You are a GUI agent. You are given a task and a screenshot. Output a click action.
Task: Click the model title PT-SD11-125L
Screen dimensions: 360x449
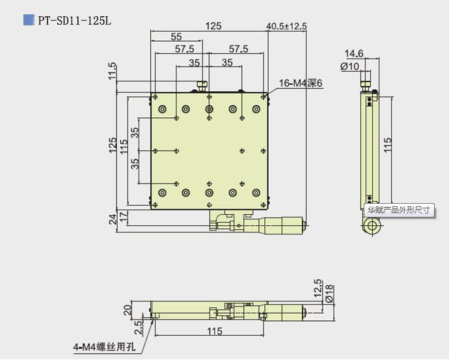(x=74, y=21)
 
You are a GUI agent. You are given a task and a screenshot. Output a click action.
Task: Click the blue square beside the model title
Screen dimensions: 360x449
(x=29, y=20)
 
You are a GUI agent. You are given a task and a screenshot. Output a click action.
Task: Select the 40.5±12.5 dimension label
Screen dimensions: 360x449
(x=286, y=27)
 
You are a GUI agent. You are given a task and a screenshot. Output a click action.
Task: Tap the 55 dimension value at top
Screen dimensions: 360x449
(x=176, y=37)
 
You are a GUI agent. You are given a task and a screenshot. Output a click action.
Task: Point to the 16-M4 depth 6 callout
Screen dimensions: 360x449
(x=301, y=83)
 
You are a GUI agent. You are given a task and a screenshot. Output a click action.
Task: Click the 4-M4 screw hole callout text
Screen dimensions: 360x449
(x=105, y=347)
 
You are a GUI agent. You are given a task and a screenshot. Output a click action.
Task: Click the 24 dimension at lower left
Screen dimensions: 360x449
(x=112, y=219)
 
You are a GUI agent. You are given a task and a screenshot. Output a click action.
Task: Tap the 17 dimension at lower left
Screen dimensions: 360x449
(x=124, y=215)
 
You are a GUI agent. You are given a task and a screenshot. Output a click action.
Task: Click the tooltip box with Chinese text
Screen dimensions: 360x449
(x=398, y=210)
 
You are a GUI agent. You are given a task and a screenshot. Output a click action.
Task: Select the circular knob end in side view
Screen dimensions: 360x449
(x=373, y=225)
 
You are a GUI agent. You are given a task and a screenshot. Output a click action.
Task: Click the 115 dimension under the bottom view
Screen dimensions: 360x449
(x=210, y=331)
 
